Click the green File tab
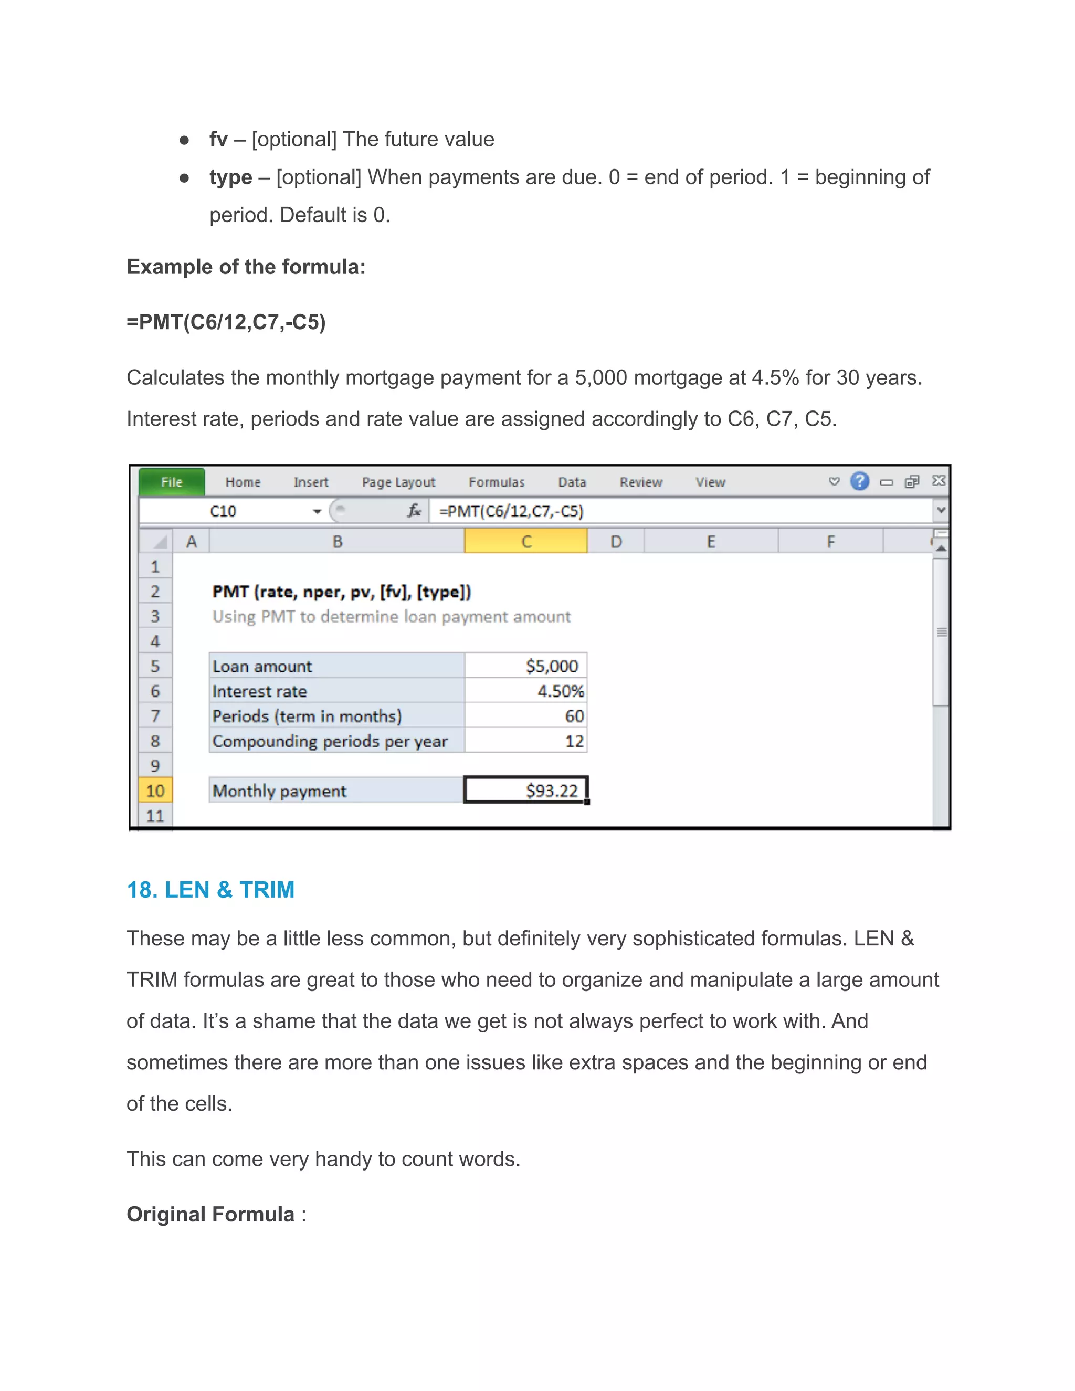tap(171, 482)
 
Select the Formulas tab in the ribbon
tap(496, 482)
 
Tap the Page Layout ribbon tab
tap(398, 482)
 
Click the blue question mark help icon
tap(859, 481)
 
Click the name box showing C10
tap(223, 511)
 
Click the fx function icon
tap(414, 510)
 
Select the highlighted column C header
tap(526, 541)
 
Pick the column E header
tap(711, 541)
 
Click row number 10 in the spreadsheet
tap(155, 791)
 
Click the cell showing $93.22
tap(526, 791)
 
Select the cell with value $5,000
tap(526, 666)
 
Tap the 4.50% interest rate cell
tap(526, 691)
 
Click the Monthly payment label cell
tap(336, 791)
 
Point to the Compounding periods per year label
tap(330, 741)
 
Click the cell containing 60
tap(526, 716)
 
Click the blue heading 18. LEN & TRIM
tap(210, 889)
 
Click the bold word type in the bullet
tap(230, 177)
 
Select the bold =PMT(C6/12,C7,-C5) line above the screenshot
tap(226, 322)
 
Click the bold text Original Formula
tap(210, 1214)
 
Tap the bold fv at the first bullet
tap(218, 139)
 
